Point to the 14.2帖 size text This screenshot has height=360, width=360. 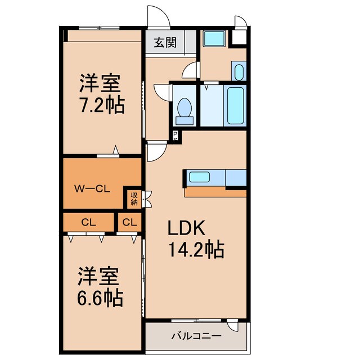pyautogui.click(x=195, y=249)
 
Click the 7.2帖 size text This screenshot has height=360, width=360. pyautogui.click(x=101, y=105)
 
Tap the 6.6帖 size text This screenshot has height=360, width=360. pyautogui.click(x=100, y=298)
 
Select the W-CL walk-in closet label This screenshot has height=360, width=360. pyautogui.click(x=92, y=189)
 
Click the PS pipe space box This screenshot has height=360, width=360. pyautogui.click(x=175, y=135)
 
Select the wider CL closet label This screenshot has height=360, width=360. pyautogui.click(x=88, y=222)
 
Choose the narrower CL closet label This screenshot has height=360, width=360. pyautogui.click(x=129, y=222)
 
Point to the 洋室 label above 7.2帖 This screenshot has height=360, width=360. pyautogui.click(x=99, y=84)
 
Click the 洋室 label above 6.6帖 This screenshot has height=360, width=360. pyautogui.click(x=98, y=277)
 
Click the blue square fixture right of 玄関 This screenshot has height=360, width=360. pyautogui.click(x=214, y=38)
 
